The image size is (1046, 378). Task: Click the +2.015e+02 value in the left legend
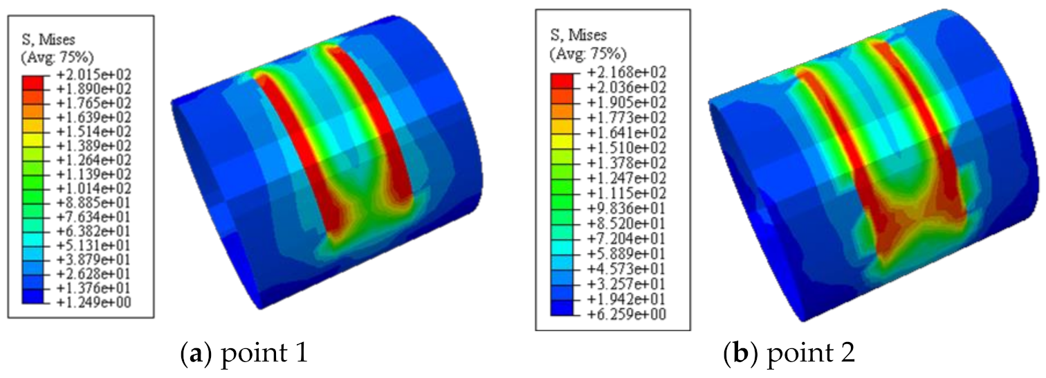pyautogui.click(x=94, y=75)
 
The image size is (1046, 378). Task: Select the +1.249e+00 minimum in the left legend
pyautogui.click(x=94, y=303)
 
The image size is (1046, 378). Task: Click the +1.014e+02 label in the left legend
pyautogui.click(x=94, y=189)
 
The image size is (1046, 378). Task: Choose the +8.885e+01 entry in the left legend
pyautogui.click(x=94, y=203)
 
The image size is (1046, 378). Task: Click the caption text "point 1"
pyautogui.click(x=264, y=354)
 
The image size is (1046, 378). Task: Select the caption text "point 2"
pyautogui.click(x=811, y=354)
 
